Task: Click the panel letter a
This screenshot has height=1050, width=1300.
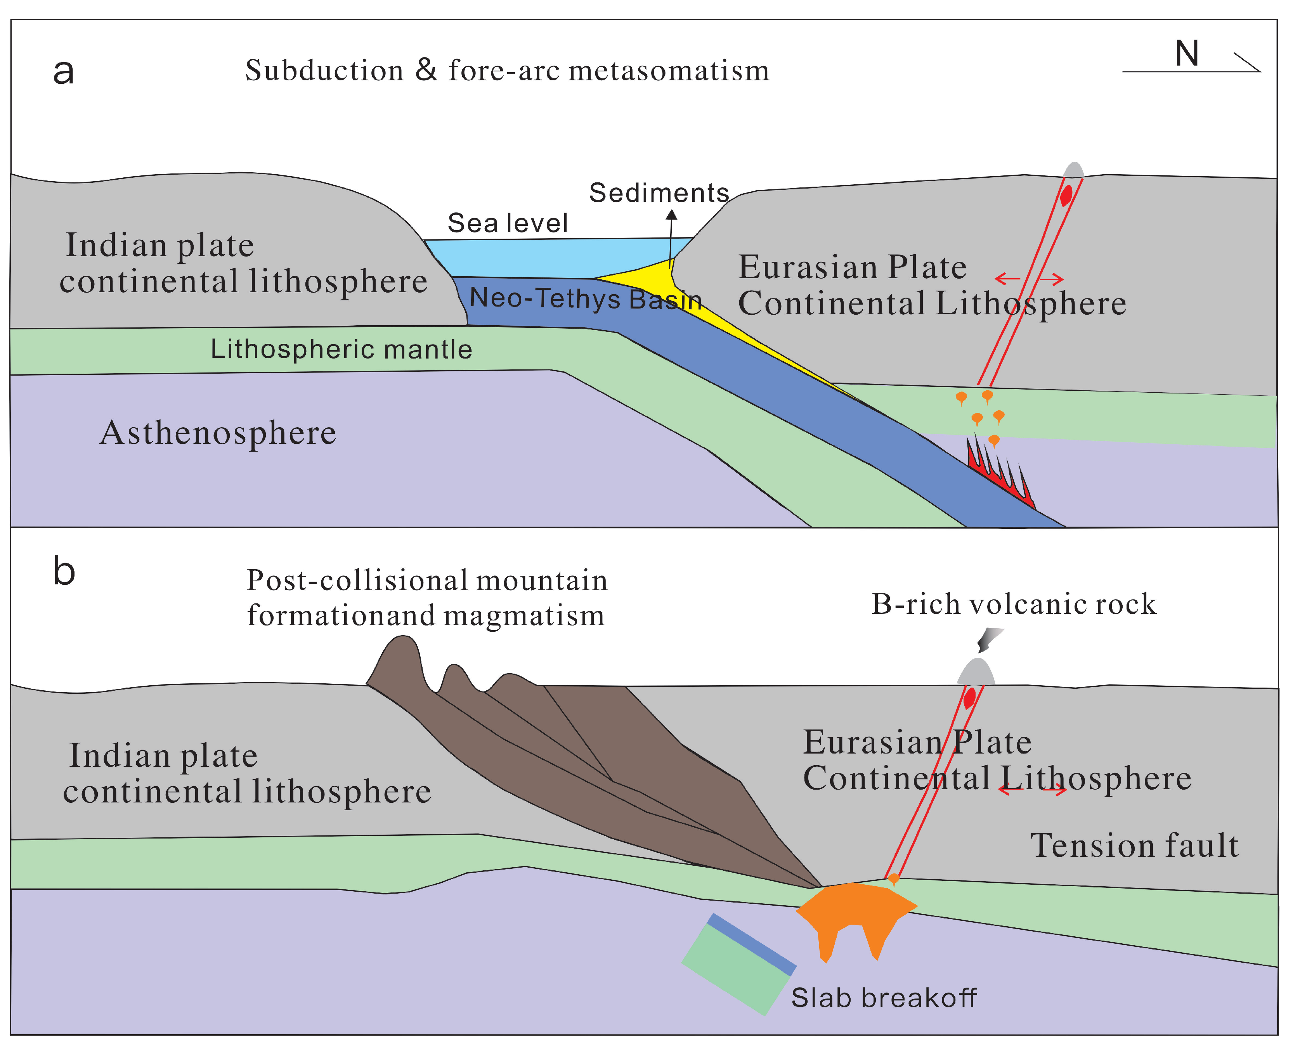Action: coord(64,73)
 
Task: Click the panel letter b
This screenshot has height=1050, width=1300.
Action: coord(64,572)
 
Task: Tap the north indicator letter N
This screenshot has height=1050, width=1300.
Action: coord(1186,54)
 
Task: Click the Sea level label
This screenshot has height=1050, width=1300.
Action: coord(508,223)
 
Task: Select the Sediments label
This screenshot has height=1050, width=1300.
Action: coord(659,193)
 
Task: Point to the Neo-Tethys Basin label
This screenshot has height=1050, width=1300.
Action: coord(585,299)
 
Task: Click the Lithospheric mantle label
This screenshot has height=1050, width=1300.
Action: coord(341,350)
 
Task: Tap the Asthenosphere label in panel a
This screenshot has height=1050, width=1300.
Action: coord(218,433)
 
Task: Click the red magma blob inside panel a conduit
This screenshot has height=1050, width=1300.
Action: coord(1066,195)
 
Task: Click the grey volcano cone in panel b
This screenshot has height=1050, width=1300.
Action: coord(976,672)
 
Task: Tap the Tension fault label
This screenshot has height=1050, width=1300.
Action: coord(1134,846)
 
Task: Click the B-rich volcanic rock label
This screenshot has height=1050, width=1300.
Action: coord(1013,604)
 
